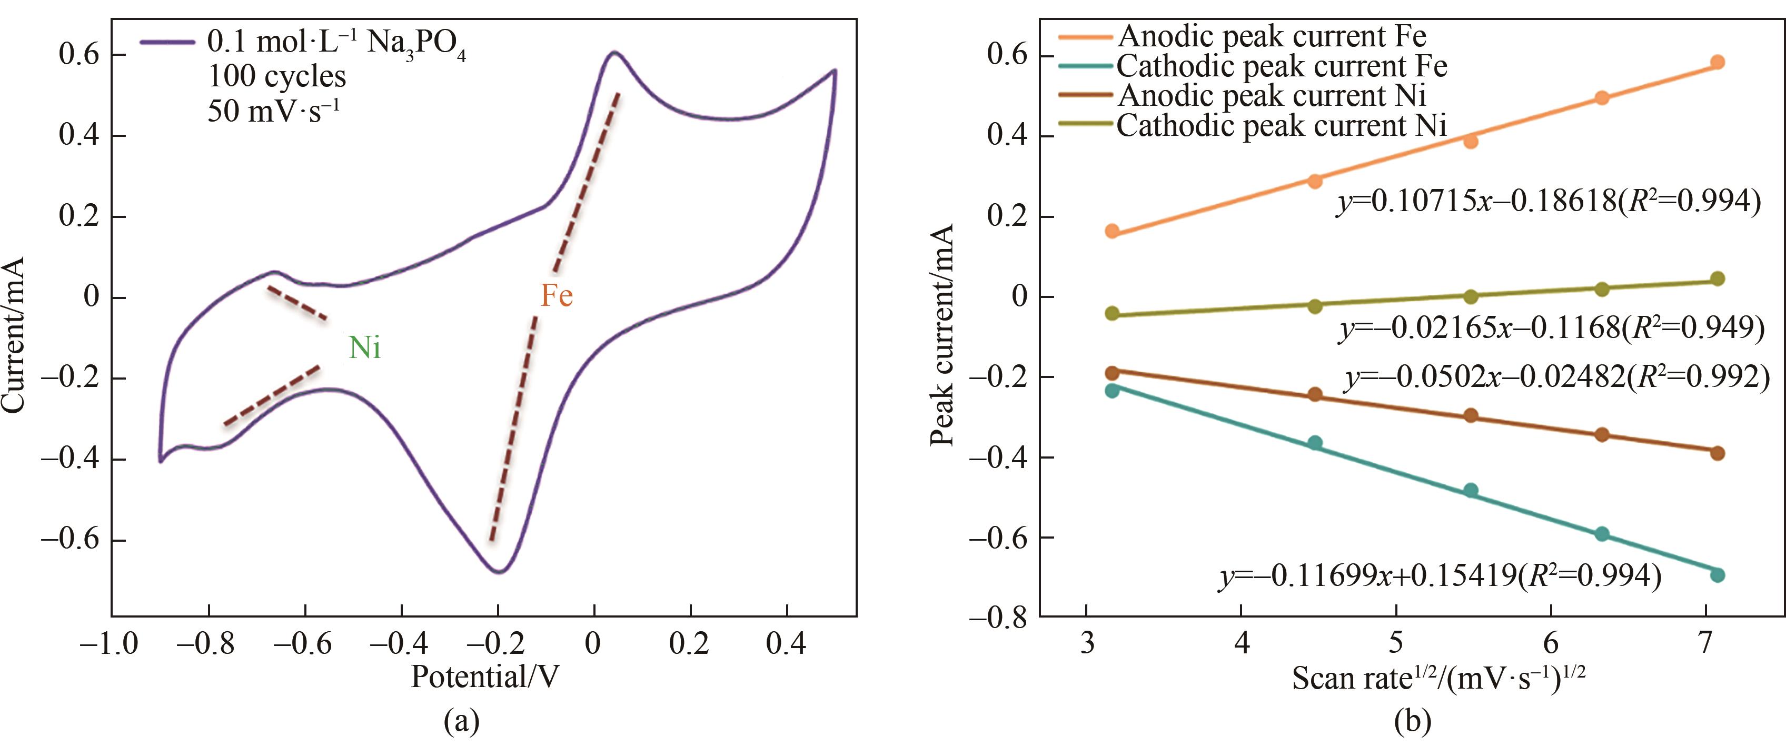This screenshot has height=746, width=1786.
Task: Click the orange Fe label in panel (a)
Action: pos(556,296)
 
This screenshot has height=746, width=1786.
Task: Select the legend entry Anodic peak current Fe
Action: pos(1272,36)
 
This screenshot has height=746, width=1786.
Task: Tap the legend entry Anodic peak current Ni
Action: pos(1272,96)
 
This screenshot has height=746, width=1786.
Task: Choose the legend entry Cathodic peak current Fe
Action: pos(1281,66)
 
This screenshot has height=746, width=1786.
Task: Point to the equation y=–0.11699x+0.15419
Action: pos(1440,576)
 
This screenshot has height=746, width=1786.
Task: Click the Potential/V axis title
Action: pos(484,676)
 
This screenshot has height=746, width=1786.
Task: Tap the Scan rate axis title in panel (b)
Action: pos(1438,678)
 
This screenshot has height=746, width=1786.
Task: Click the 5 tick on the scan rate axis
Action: pos(1395,643)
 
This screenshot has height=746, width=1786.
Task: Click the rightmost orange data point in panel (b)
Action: pos(1718,63)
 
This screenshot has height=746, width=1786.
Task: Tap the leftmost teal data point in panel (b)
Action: pos(1112,390)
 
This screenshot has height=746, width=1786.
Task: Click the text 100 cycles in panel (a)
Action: pos(276,76)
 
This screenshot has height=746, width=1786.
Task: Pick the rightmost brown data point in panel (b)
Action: pos(1718,453)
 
